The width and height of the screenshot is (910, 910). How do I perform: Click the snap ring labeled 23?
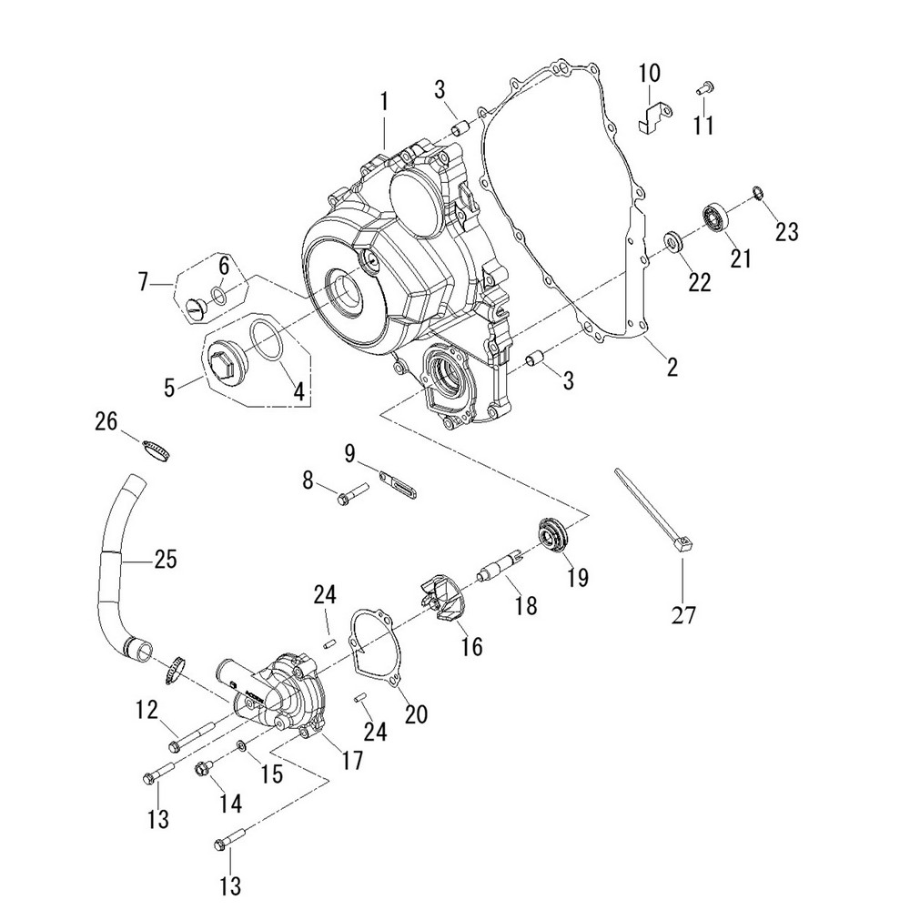(757, 192)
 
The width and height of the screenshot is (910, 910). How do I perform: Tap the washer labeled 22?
(675, 242)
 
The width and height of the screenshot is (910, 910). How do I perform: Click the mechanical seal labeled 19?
(552, 534)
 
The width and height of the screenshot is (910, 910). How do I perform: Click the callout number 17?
(351, 760)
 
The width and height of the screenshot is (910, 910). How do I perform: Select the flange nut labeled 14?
(202, 771)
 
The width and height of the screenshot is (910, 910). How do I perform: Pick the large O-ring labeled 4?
(267, 342)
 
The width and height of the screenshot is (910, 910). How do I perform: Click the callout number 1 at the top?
(384, 101)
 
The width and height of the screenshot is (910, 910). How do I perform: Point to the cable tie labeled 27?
(653, 511)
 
